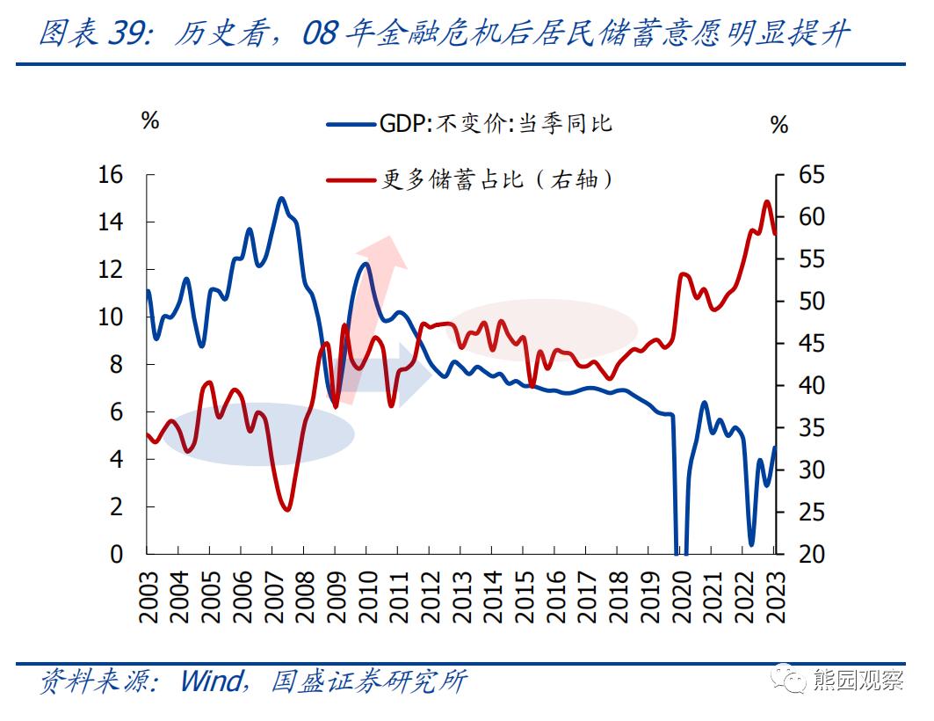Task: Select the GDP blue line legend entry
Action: click(469, 124)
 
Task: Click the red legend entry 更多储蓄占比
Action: click(469, 179)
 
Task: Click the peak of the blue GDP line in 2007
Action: click(281, 199)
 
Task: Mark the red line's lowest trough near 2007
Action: click(286, 509)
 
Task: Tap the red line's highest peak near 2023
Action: click(766, 201)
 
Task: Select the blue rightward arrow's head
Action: click(413, 375)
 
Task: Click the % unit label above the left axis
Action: click(150, 121)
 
